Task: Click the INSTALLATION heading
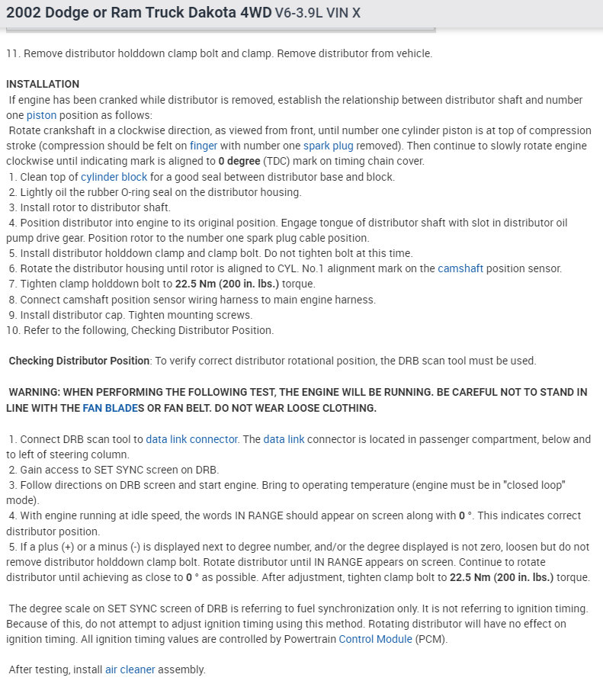point(43,84)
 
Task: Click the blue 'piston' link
point(41,115)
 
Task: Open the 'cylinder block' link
point(114,177)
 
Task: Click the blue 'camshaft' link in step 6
point(460,268)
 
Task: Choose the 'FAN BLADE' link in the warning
point(110,408)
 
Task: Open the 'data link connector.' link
point(192,439)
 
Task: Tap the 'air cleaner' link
point(130,669)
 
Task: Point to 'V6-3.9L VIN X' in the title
point(318,13)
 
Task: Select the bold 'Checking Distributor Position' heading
point(79,361)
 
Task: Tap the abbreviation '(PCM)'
point(431,639)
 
